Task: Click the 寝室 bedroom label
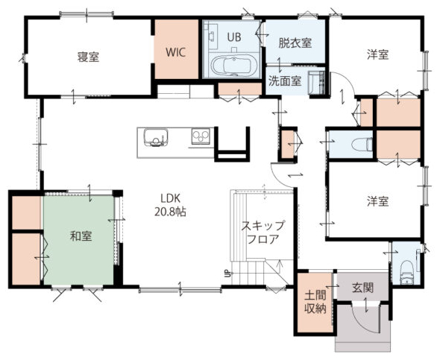88,57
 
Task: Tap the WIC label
176,52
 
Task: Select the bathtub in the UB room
234,66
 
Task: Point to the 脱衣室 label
295,43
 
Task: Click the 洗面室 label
285,80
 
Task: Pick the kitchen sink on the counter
156,137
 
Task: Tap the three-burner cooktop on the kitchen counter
201,136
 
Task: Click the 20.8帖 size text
170,212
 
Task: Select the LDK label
170,198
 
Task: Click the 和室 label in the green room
81,236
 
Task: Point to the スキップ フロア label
263,232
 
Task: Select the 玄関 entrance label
363,288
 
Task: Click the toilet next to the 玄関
406,273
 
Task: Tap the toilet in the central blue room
362,145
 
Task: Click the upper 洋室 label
377,54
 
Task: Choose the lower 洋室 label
377,201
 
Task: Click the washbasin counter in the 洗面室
316,83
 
